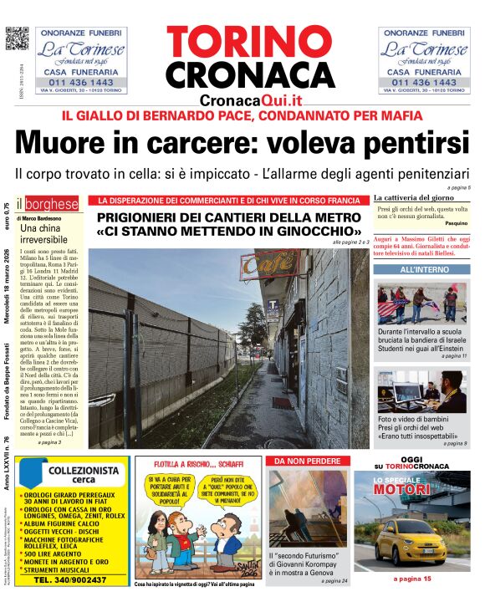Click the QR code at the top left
(x=17, y=38)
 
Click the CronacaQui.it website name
(x=251, y=99)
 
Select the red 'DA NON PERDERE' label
(x=306, y=461)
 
